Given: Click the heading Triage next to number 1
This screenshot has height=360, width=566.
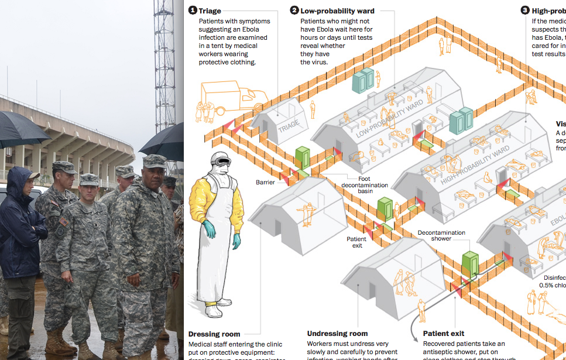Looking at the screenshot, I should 210,11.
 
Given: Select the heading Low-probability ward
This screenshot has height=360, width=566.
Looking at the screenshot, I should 337,11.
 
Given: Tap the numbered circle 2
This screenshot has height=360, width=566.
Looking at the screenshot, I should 295,11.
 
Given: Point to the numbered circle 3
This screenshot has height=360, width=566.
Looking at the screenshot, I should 525,11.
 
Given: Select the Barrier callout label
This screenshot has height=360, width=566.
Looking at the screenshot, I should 265,182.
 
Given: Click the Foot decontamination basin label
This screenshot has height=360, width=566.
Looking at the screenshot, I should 365,185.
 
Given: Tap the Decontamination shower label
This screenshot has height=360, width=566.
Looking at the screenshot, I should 442,236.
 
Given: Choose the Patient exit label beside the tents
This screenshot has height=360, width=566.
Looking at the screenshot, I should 356,242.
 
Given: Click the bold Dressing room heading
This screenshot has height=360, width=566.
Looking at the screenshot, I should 214,334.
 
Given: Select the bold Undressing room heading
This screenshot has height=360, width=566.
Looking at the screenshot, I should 337,334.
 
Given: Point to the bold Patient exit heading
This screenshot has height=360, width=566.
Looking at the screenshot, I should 443,334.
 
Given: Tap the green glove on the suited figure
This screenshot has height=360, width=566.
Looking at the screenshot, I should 236,241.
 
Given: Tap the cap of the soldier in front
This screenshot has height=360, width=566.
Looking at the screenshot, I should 155,160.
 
